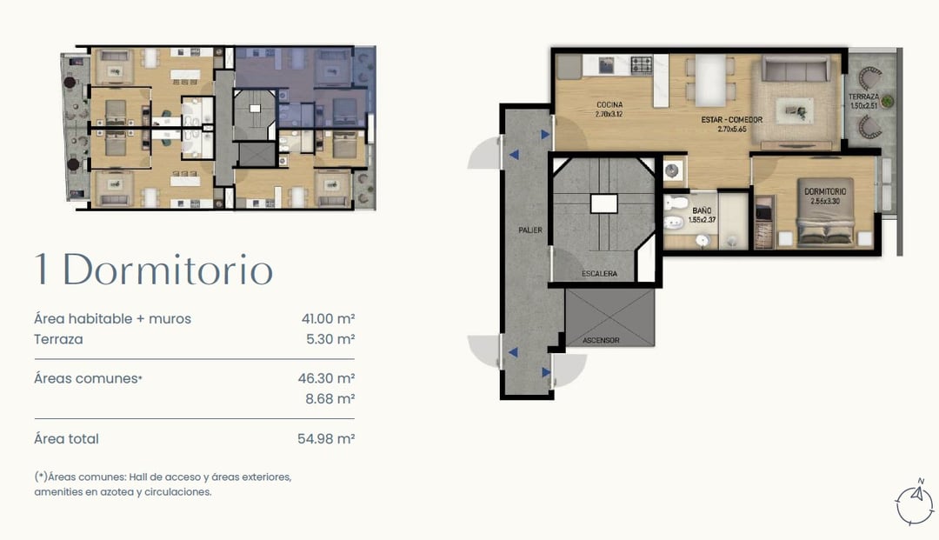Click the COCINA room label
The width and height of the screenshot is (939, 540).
click(609, 104)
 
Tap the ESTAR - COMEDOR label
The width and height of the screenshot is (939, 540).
click(732, 120)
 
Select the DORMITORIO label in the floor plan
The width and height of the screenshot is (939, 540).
click(825, 191)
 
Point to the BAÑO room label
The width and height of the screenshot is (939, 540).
click(702, 210)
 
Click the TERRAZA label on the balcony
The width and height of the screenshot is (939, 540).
click(863, 97)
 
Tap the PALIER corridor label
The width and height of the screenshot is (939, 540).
click(530, 230)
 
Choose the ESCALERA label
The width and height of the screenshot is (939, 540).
click(599, 274)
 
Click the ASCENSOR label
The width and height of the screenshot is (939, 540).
click(602, 340)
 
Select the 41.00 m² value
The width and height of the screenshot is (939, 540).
click(328, 318)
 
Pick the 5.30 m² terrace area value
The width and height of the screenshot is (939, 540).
click(330, 339)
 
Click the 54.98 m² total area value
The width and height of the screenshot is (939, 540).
click(326, 439)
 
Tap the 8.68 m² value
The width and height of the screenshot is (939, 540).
click(330, 399)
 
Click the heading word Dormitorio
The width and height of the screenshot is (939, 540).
click(168, 270)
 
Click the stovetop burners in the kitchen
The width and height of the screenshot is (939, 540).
click(642, 64)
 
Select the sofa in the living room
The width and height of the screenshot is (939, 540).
click(796, 68)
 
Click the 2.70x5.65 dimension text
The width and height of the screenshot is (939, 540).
click(732, 129)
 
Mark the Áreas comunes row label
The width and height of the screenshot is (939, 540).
click(88, 378)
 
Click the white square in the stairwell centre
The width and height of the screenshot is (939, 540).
click(603, 203)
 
